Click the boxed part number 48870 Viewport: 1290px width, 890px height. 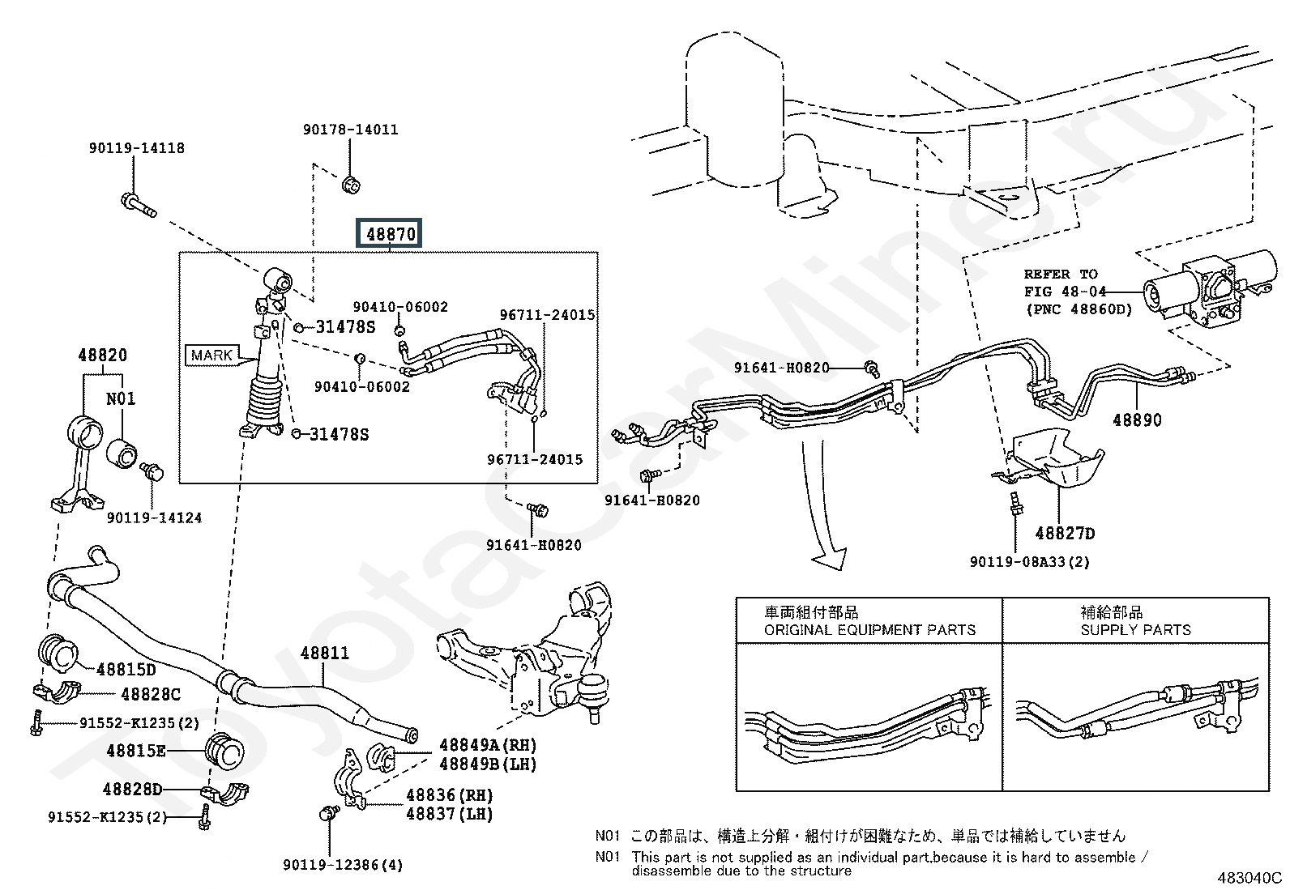pyautogui.click(x=389, y=233)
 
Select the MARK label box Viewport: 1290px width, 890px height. pyautogui.click(x=212, y=356)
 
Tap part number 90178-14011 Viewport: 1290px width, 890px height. pyautogui.click(x=351, y=130)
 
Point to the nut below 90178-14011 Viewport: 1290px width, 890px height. pyautogui.click(x=352, y=185)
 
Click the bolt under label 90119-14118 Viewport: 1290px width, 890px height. pyautogui.click(x=139, y=206)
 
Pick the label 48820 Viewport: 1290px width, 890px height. pyautogui.click(x=103, y=356)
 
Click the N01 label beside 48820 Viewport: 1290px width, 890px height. pyautogui.click(x=121, y=398)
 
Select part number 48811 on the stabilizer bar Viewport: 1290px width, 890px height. pyautogui.click(x=325, y=653)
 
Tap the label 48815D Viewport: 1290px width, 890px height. pyautogui.click(x=126, y=670)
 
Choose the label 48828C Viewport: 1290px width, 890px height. pyautogui.click(x=151, y=695)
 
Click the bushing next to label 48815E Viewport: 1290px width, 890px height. pyautogui.click(x=224, y=751)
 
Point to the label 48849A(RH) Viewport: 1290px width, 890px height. pyautogui.click(x=488, y=745)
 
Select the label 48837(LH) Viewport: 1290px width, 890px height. pyautogui.click(x=449, y=814)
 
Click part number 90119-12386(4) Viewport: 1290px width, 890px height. pyautogui.click(x=343, y=865)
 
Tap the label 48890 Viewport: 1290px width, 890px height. pyautogui.click(x=1137, y=420)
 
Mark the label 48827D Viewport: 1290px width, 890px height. pyautogui.click(x=1065, y=534)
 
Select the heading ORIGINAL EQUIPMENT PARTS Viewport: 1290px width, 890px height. pyautogui.click(x=869, y=630)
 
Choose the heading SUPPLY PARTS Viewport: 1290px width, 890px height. pyautogui.click(x=1136, y=630)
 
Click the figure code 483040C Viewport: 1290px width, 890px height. pyautogui.click(x=1249, y=878)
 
